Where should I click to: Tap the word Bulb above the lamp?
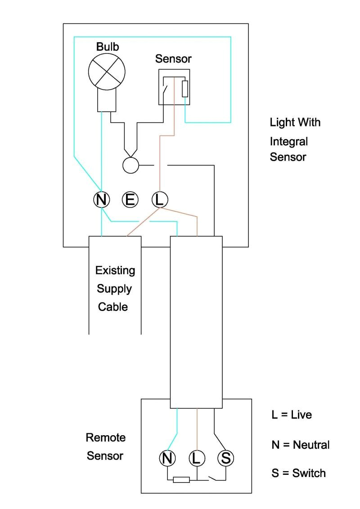click(x=107, y=46)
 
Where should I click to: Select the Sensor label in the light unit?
click(x=173, y=59)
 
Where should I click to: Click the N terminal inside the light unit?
click(x=102, y=199)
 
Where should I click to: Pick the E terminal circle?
click(x=130, y=199)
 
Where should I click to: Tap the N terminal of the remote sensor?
click(x=167, y=458)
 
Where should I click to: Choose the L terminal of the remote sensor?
click(x=197, y=458)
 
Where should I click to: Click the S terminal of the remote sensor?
click(x=225, y=458)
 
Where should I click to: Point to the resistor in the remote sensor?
click(x=181, y=480)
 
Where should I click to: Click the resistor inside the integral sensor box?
click(x=184, y=89)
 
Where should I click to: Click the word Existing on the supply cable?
click(x=115, y=271)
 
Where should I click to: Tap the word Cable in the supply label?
click(x=113, y=307)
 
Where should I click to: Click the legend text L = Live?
click(x=292, y=414)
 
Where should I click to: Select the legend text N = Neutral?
click(x=300, y=445)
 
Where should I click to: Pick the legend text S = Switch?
click(x=298, y=473)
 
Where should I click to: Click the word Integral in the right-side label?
click(x=289, y=141)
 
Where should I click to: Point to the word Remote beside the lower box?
click(x=106, y=437)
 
